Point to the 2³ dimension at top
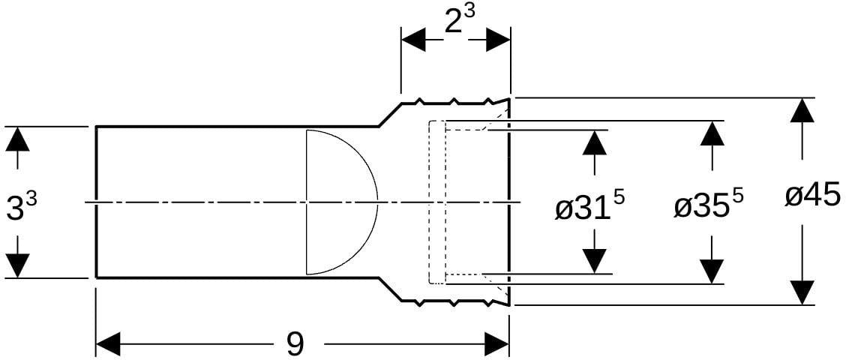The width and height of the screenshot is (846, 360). (460, 22)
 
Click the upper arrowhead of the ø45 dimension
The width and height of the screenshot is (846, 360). (804, 111)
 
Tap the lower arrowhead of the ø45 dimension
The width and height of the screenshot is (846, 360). (804, 292)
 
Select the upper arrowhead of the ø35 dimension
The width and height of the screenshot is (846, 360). (713, 133)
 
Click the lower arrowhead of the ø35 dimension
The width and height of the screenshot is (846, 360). (713, 271)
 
